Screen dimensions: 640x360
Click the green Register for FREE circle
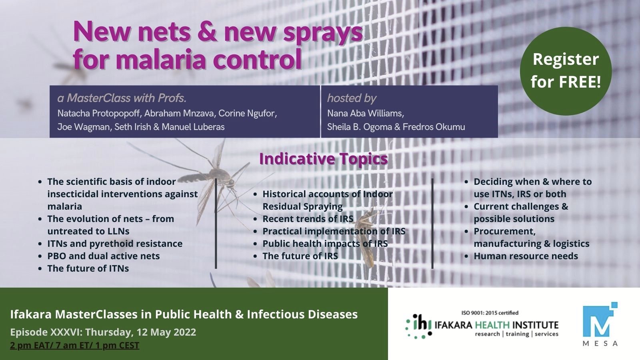566,71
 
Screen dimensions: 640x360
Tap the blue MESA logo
600,324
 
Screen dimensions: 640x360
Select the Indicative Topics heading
324,159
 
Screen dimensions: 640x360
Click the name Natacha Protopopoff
99,114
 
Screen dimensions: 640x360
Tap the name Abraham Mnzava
178,114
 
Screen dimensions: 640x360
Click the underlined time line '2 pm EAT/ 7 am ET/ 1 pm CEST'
74,346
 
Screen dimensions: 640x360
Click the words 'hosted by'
352,98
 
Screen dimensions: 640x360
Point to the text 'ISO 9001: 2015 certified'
490,313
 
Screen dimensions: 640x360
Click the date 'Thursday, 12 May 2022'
140,332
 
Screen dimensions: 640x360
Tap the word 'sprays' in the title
322,33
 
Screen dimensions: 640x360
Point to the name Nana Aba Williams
366,114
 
